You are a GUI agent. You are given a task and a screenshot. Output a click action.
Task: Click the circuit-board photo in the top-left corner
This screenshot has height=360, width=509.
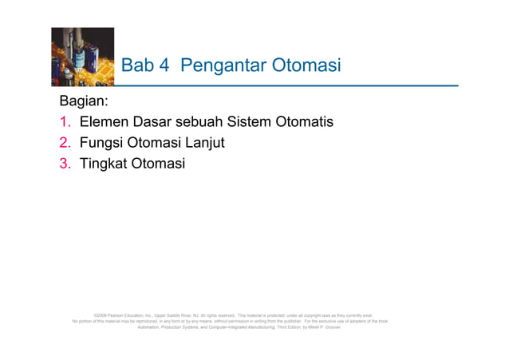click(x=82, y=57)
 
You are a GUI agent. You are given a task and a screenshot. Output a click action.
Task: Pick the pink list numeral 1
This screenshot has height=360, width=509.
click(x=65, y=123)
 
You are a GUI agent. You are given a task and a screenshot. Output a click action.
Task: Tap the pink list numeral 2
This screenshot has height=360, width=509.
click(x=65, y=144)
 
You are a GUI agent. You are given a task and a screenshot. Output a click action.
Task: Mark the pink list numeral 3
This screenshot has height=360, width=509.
click(x=65, y=164)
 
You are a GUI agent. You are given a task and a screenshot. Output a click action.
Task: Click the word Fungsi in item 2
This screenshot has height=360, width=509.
click(x=102, y=144)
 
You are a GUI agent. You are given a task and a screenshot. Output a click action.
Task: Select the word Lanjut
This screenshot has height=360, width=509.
click(x=206, y=144)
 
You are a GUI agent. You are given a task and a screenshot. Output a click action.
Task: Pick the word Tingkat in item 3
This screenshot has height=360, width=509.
click(x=105, y=164)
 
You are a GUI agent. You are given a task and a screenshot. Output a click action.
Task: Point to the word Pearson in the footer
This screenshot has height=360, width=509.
click(x=116, y=315)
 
